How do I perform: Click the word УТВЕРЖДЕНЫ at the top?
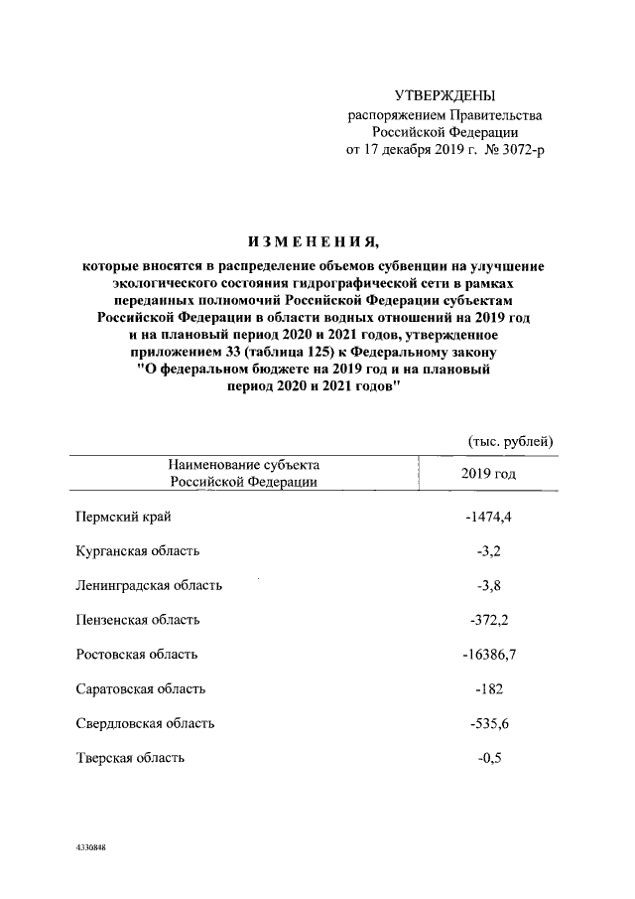444,95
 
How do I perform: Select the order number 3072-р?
522,149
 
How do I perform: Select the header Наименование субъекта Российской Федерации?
243,473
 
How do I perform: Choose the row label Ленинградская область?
149,585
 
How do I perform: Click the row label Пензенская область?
138,620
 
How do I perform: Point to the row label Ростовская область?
137,655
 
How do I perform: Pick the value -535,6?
488,723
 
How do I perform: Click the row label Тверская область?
130,758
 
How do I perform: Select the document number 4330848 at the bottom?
90,848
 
